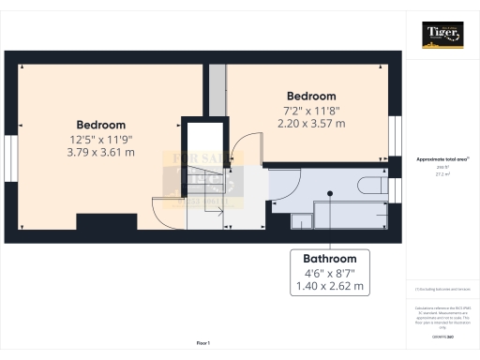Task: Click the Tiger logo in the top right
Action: click(x=443, y=36)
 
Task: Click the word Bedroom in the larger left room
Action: click(x=101, y=125)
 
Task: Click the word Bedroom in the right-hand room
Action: click(x=311, y=97)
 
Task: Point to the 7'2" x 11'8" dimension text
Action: click(x=311, y=111)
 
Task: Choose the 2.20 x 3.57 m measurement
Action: click(x=311, y=124)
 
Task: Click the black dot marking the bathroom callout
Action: click(x=329, y=195)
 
